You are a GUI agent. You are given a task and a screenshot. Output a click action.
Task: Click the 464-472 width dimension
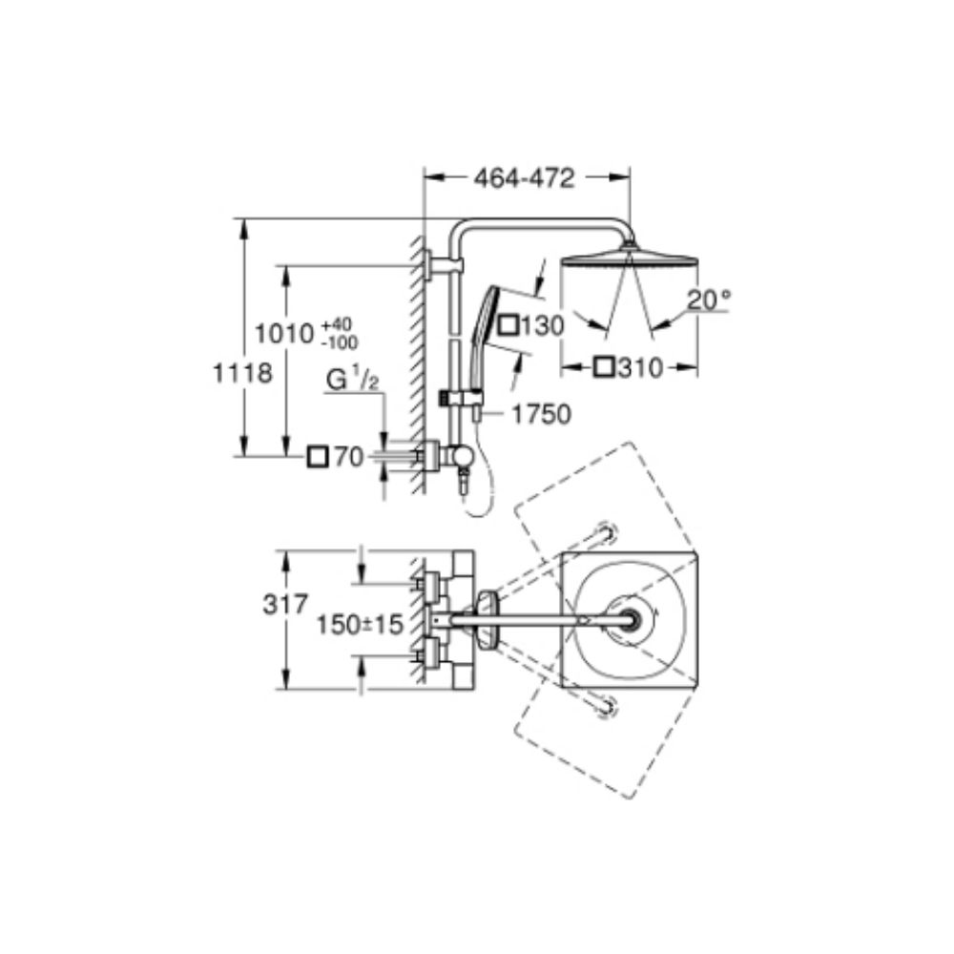(524, 178)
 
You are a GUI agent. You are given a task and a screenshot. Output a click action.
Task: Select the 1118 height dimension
(241, 372)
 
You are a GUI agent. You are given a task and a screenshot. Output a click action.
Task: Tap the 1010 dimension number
(284, 333)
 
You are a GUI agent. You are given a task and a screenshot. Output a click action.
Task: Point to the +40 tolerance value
(339, 323)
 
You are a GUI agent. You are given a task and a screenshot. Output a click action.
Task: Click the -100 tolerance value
(341, 343)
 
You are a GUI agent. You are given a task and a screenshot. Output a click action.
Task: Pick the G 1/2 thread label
(352, 381)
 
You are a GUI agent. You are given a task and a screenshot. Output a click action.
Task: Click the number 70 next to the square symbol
(349, 457)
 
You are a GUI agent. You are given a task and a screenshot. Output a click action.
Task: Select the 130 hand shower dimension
(542, 326)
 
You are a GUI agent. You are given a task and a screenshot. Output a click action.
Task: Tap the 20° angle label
(709, 299)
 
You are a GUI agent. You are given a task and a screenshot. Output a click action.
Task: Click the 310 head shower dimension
(639, 367)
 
